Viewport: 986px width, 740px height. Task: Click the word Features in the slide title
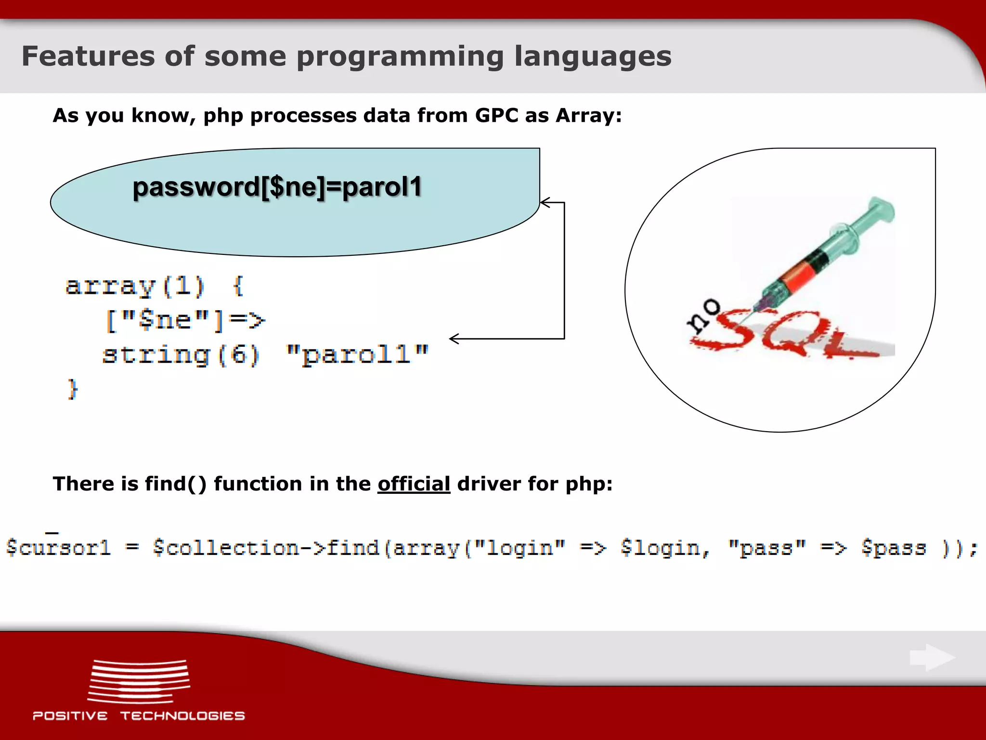point(88,56)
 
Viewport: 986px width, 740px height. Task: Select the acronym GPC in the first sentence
point(496,116)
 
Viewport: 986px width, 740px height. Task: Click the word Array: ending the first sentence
point(588,116)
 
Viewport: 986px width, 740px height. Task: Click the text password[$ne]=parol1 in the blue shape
point(277,187)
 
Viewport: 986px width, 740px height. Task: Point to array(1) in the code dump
point(135,286)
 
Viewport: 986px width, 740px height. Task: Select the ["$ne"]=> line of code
point(185,320)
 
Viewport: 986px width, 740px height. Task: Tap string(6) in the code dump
point(181,355)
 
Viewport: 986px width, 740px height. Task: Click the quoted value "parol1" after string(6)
point(356,355)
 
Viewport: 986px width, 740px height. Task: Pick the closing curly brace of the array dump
point(72,389)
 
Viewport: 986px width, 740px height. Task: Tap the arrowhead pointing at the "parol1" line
point(454,339)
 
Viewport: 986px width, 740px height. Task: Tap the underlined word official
point(414,484)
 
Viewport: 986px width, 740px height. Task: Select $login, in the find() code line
point(665,548)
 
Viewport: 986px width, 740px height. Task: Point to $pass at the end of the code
point(894,548)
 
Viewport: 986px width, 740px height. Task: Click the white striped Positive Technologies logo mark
point(139,682)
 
